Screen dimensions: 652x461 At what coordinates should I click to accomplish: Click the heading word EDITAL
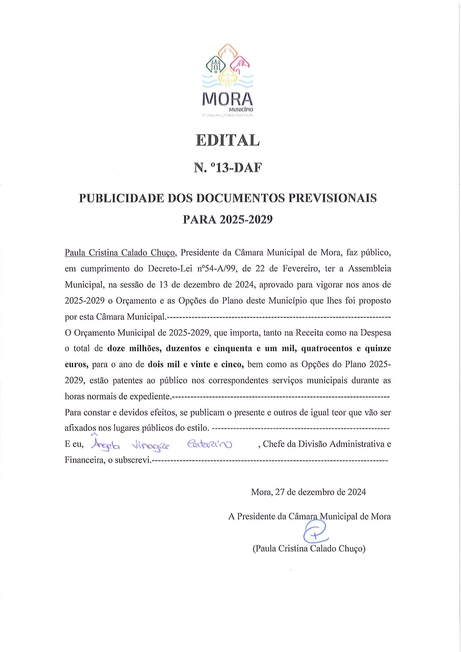point(227,140)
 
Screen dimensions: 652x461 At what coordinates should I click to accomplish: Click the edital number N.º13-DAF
point(227,168)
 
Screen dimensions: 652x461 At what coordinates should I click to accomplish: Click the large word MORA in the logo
point(227,99)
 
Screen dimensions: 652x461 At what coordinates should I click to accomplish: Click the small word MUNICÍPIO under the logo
point(241,110)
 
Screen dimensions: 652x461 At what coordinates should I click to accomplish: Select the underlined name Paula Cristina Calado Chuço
point(120,253)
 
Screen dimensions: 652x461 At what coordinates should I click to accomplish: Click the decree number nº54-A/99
point(217,269)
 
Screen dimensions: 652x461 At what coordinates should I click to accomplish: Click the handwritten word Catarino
point(210,444)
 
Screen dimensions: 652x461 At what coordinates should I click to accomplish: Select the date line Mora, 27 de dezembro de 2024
point(308,492)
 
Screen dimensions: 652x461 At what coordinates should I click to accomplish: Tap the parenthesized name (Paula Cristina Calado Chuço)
point(309,548)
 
